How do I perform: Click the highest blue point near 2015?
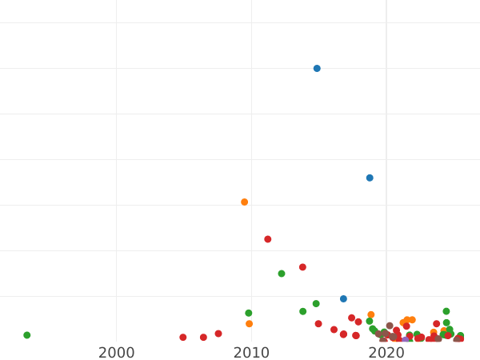point(317,69)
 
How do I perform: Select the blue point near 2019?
point(370,178)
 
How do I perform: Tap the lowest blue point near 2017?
point(343,299)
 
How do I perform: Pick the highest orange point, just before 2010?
point(245,202)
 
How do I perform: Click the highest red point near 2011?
point(268,239)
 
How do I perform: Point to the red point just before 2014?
point(302,267)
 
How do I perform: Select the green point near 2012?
point(282,274)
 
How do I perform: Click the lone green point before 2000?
point(27,335)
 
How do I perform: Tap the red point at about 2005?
point(183,338)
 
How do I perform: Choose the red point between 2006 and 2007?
point(203,338)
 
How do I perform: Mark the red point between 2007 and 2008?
point(218,334)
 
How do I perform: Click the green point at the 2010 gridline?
point(249,313)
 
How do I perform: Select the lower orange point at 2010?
point(250,324)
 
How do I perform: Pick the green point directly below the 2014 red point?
point(302,311)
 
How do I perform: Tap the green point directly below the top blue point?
point(316,304)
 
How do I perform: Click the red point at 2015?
point(318,324)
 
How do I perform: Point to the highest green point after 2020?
point(446,311)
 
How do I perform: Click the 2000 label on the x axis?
point(116,353)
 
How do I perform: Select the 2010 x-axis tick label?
point(251,353)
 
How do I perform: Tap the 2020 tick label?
point(386,353)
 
